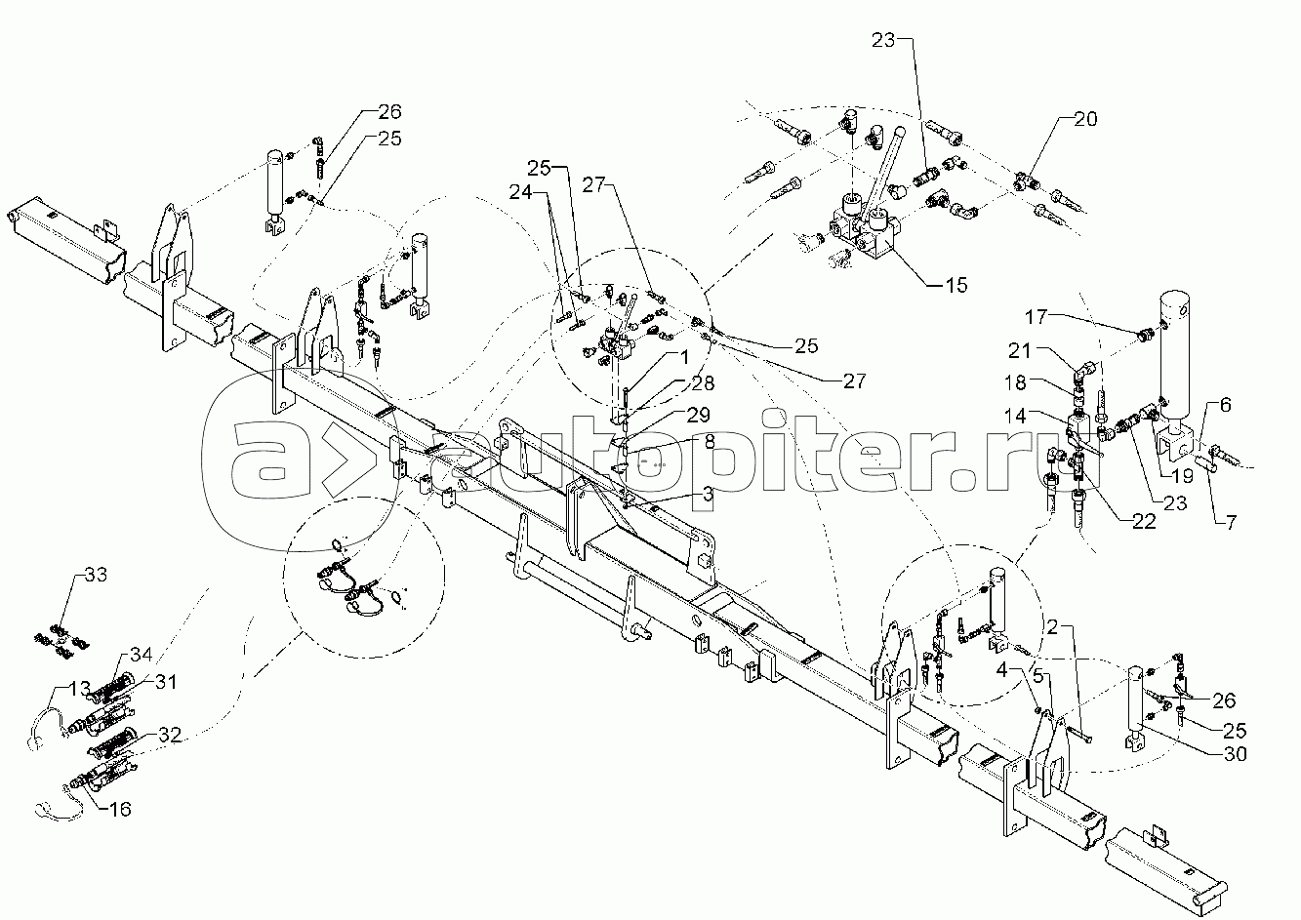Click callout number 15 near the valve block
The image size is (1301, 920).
click(x=956, y=285)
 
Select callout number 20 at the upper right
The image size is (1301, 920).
click(x=1085, y=120)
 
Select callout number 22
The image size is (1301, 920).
click(x=1144, y=522)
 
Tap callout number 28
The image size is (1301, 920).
click(x=703, y=383)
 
